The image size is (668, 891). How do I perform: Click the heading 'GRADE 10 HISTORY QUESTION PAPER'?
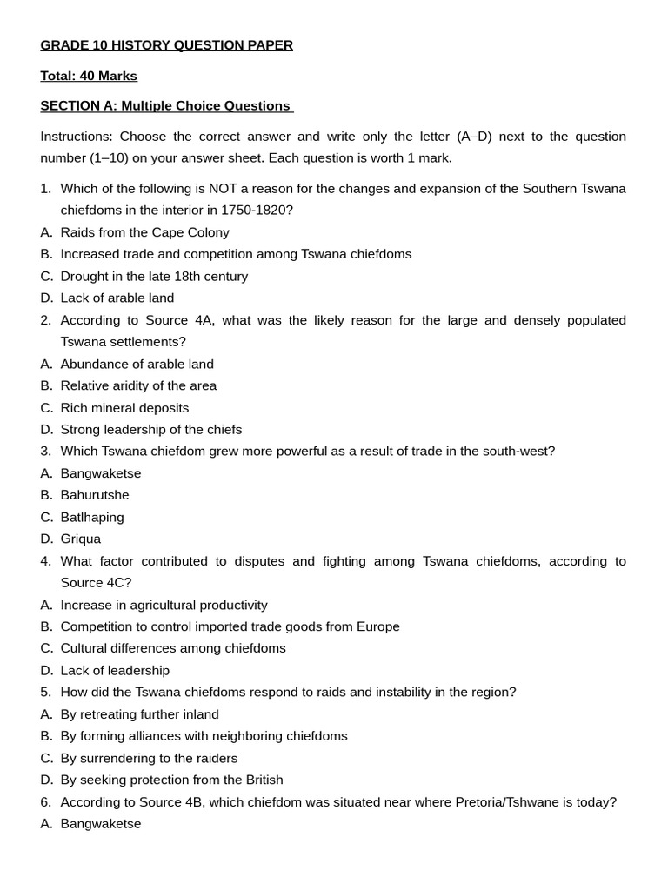pyautogui.click(x=166, y=45)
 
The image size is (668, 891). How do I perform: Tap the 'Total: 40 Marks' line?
pyautogui.click(x=89, y=76)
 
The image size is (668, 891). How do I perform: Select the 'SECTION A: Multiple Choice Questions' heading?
pyautogui.click(x=165, y=106)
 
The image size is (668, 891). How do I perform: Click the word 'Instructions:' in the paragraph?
pyautogui.click(x=77, y=137)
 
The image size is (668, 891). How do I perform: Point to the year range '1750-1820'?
pyautogui.click(x=257, y=211)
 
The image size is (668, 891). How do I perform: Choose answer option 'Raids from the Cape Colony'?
pyautogui.click(x=144, y=232)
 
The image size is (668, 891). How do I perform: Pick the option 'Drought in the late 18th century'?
pyautogui.click(x=154, y=277)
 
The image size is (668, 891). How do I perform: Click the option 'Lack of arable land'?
pyautogui.click(x=117, y=298)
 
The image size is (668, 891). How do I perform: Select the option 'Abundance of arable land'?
pyautogui.click(x=137, y=365)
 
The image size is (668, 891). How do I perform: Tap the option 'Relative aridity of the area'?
pyautogui.click(x=138, y=386)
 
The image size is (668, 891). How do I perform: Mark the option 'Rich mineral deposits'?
pyautogui.click(x=124, y=408)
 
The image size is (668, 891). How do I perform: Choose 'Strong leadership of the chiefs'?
pyautogui.click(x=151, y=430)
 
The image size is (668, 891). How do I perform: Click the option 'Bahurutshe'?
pyautogui.click(x=95, y=495)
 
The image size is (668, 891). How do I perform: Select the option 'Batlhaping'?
pyautogui.click(x=92, y=518)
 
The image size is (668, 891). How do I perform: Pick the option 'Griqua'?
pyautogui.click(x=81, y=539)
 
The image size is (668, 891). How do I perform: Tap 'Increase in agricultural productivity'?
pyautogui.click(x=164, y=606)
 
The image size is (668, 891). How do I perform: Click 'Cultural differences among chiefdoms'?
pyautogui.click(x=173, y=649)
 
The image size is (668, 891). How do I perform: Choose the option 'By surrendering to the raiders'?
pyautogui.click(x=149, y=759)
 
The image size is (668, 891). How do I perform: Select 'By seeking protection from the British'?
pyautogui.click(x=171, y=780)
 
